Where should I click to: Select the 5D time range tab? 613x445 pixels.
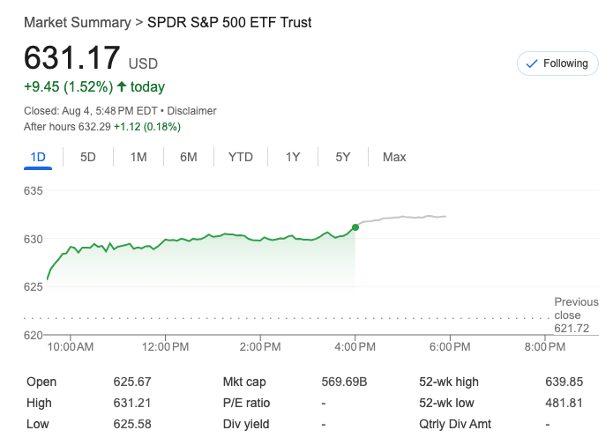click(88, 157)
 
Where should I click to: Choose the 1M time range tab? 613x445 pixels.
click(138, 157)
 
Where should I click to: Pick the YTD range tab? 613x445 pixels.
click(241, 157)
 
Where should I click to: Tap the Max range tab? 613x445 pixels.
click(394, 157)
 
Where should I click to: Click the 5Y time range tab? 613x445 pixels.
click(343, 157)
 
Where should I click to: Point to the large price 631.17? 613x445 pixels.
click(72, 59)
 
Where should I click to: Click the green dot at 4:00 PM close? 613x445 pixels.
click(355, 227)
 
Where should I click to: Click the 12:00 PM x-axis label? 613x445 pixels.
click(166, 347)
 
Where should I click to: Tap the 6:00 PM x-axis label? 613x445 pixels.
click(450, 347)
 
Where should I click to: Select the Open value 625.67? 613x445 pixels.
click(132, 382)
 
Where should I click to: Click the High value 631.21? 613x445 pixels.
click(132, 403)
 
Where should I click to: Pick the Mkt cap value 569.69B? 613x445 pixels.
click(344, 382)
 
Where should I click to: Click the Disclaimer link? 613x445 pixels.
click(191, 111)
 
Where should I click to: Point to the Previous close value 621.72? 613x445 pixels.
click(572, 328)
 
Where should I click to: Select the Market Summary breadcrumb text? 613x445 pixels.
click(77, 22)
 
